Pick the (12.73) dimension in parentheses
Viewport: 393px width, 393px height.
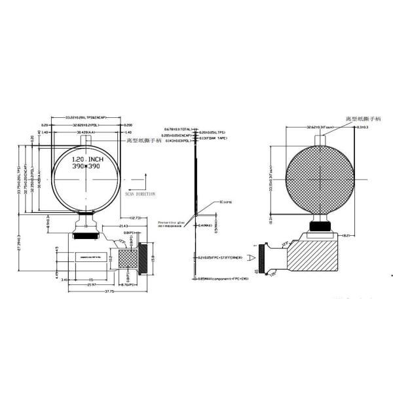138,217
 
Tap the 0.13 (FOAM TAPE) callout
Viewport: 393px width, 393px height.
214,139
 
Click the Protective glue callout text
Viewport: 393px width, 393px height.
173,223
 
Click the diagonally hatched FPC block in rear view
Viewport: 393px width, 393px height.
314,258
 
